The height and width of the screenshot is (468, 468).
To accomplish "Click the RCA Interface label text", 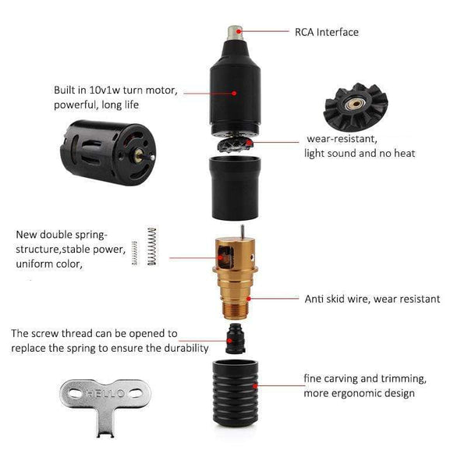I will [x=327, y=33].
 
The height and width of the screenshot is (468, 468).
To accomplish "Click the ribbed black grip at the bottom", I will [x=234, y=394].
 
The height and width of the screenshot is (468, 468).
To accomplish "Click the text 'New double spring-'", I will [x=62, y=235].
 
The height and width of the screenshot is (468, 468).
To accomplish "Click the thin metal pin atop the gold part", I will [x=243, y=231].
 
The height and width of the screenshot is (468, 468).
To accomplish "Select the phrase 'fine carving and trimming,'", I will [x=365, y=378].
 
